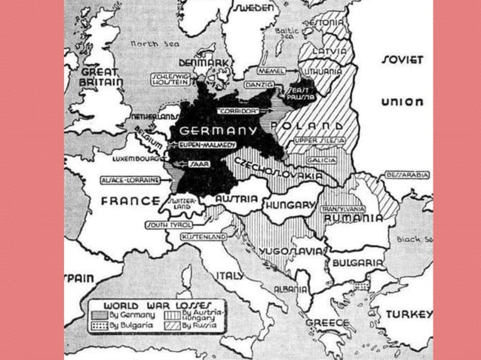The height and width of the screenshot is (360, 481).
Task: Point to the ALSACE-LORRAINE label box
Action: click(x=132, y=181)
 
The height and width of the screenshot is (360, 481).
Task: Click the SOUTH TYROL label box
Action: click(x=167, y=224)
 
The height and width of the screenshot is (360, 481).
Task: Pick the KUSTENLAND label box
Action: click(x=204, y=236)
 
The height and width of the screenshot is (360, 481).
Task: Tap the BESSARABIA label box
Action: click(x=407, y=175)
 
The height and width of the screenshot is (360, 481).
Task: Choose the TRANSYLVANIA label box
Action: click(x=343, y=209)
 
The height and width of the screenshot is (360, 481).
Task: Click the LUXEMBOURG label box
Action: click(x=136, y=160)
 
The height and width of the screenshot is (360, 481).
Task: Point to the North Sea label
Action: click(x=155, y=44)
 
